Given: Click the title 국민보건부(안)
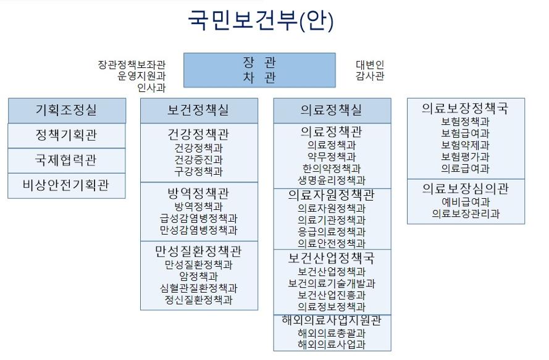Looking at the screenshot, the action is pos(261,20).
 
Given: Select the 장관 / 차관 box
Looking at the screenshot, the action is pos(259,70).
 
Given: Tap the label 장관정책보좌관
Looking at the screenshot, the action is pos(132,64).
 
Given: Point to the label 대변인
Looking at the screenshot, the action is pos(370,64).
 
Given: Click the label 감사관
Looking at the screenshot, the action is pos(370,75).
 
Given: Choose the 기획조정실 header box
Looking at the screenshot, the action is pos(67,111).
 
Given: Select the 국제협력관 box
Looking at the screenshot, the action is pos(67,161).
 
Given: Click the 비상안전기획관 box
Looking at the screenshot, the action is pos(67,186).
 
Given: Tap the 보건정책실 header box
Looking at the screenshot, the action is pos(199,111).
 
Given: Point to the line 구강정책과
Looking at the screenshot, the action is pos(199,172).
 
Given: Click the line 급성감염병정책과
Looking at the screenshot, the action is pos(199,219).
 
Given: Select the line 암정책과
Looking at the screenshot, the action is pos(199,276).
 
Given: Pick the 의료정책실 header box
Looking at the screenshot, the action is pos(332,111).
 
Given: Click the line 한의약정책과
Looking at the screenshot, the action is pos(332,169).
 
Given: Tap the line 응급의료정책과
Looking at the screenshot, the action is pos(332,232).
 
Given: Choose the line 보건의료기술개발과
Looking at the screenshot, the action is pos(332,283).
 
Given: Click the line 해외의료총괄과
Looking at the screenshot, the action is pos(332,333).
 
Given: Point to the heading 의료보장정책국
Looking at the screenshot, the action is pos(465,108).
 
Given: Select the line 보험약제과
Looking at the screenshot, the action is pos(465,145).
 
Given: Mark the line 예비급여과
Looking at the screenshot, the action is pos(465,202).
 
